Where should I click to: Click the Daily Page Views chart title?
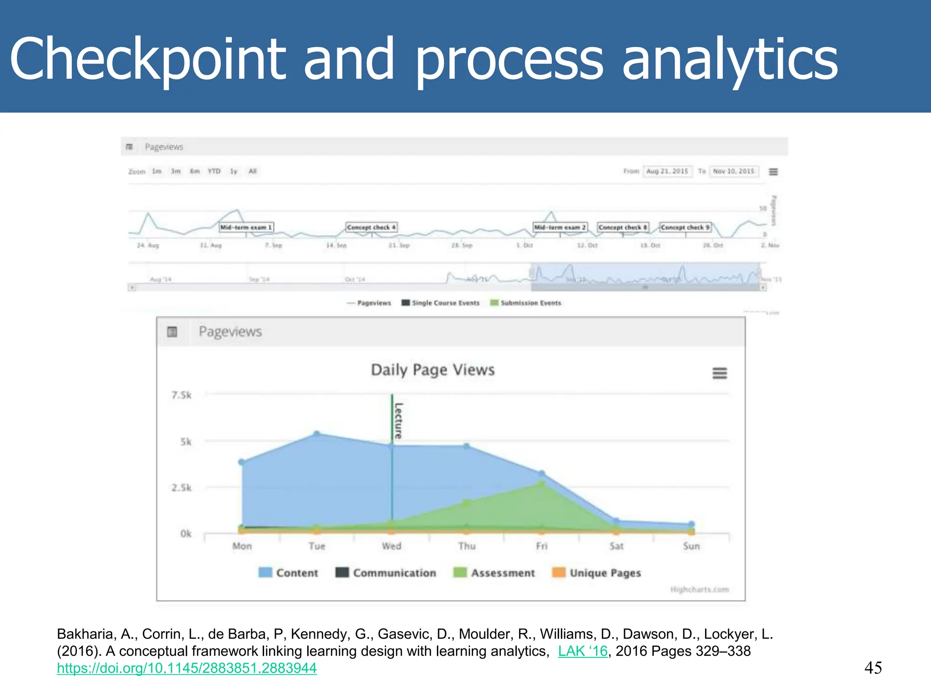click(x=432, y=370)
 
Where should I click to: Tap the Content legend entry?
click(x=288, y=573)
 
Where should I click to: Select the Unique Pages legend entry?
click(x=596, y=573)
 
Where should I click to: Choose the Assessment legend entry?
click(x=494, y=573)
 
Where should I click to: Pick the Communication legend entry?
click(x=386, y=573)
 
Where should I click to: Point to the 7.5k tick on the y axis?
click(x=181, y=395)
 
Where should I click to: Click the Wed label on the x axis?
click(x=391, y=546)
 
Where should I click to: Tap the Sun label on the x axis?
click(x=691, y=546)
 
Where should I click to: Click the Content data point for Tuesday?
click(x=317, y=434)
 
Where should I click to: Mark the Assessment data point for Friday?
click(x=541, y=484)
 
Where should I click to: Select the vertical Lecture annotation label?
click(x=398, y=420)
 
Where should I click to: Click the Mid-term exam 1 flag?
click(x=246, y=227)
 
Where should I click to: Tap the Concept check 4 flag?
click(x=371, y=227)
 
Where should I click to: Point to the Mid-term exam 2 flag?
click(x=560, y=227)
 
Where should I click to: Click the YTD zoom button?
click(x=214, y=171)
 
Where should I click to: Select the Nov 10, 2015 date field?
click(x=733, y=171)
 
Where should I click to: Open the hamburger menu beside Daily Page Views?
click(x=720, y=373)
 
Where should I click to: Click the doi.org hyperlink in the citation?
click(x=187, y=668)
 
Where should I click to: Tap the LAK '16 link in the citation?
click(x=583, y=651)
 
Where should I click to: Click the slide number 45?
click(x=873, y=668)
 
